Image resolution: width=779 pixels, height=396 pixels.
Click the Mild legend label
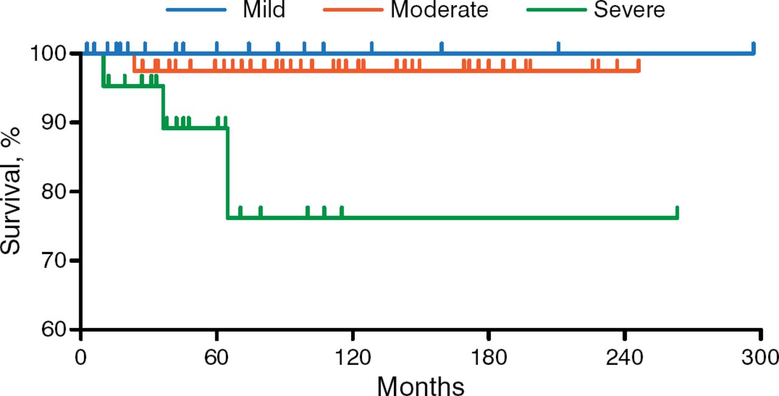tap(264, 10)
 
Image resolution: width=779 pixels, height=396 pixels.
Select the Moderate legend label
tap(439, 10)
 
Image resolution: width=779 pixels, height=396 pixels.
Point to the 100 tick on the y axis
tap(52, 54)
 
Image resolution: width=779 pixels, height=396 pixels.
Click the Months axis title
tap(421, 384)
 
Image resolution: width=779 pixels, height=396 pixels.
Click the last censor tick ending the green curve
tap(677, 212)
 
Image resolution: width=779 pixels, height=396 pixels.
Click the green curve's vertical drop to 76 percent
tap(227, 173)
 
